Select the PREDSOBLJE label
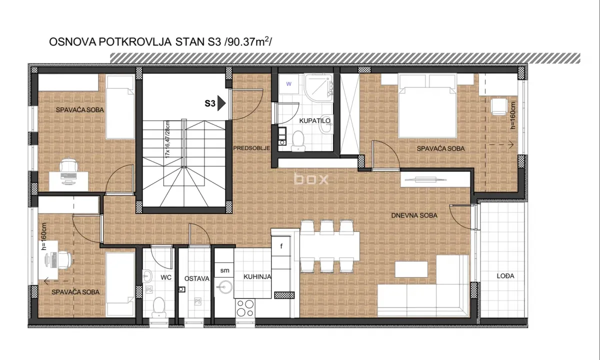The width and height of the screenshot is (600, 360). (251, 148)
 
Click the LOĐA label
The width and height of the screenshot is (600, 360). (505, 276)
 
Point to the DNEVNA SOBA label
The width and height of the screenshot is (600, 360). (414, 215)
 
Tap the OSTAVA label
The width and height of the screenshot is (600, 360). (196, 278)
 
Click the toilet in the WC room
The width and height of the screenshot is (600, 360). (158, 306)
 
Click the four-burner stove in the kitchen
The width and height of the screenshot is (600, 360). (245, 308)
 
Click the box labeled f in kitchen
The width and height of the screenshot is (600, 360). (281, 246)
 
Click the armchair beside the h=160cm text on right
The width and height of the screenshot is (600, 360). (498, 106)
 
